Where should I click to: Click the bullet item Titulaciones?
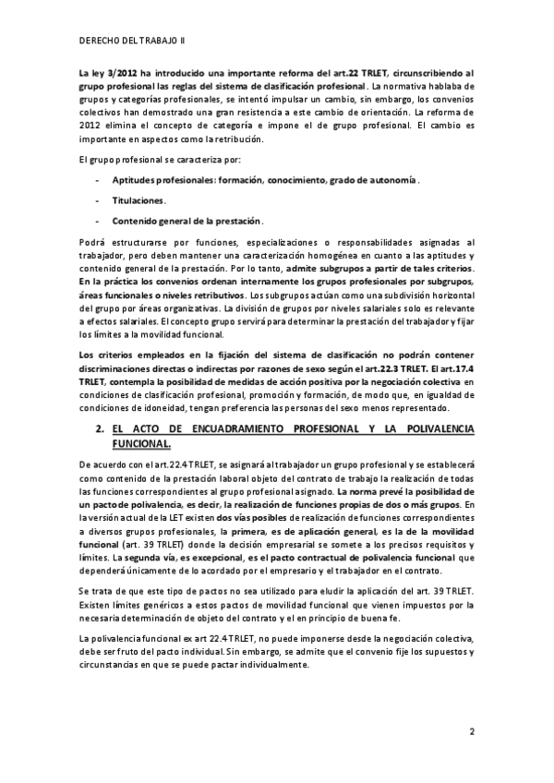[138, 200]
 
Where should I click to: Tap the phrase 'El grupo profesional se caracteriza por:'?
[163, 161]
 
